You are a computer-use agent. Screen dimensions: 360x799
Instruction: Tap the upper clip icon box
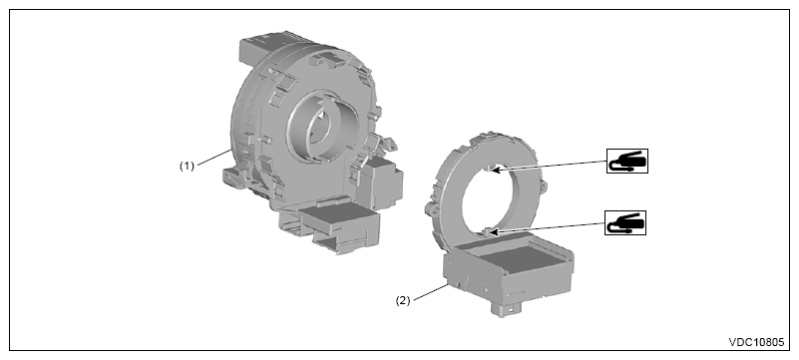click(627, 162)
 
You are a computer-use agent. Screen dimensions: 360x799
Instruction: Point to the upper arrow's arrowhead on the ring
click(495, 171)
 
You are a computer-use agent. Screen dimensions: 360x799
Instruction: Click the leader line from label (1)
click(214, 157)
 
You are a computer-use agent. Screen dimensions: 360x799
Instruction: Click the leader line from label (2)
click(430, 291)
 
